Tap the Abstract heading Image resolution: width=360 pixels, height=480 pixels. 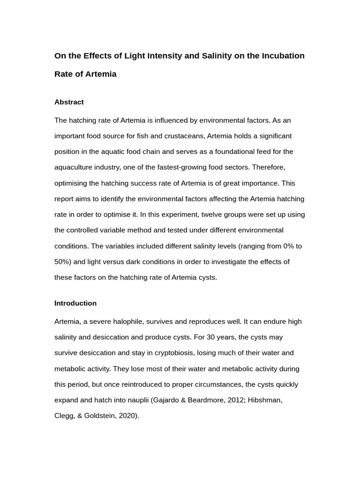pyautogui.click(x=69, y=102)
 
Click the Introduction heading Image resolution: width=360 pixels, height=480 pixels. pyautogui.click(x=75, y=303)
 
